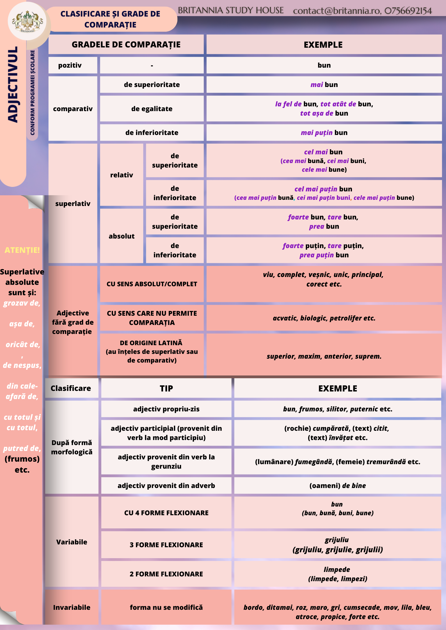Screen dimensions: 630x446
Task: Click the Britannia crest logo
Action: point(27,21)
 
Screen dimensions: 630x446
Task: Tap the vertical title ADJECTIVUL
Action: point(13,84)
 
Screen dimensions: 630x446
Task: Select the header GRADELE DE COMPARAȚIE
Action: point(126,45)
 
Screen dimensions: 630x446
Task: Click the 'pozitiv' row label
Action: point(70,65)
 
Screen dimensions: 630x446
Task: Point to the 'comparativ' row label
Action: point(73,109)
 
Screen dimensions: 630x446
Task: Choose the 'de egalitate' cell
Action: point(152,109)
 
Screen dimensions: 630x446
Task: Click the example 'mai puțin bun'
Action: point(324,133)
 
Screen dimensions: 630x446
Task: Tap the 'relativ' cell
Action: point(122,175)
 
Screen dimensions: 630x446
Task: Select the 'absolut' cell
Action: point(122,236)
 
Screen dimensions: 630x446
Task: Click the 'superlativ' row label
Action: point(73,204)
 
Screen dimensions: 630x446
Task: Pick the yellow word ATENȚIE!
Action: point(22,250)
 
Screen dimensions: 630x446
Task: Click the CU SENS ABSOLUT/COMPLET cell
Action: point(152,284)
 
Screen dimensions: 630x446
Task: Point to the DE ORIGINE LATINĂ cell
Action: point(152,352)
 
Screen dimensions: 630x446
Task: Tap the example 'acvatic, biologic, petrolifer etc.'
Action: point(324,318)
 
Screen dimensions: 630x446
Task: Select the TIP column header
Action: point(166,389)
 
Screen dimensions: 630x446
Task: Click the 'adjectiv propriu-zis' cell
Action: point(166,409)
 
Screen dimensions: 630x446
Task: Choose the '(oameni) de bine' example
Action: point(337,486)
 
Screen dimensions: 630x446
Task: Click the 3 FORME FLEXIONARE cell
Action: point(166,545)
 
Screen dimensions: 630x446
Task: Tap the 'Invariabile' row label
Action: point(72,608)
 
